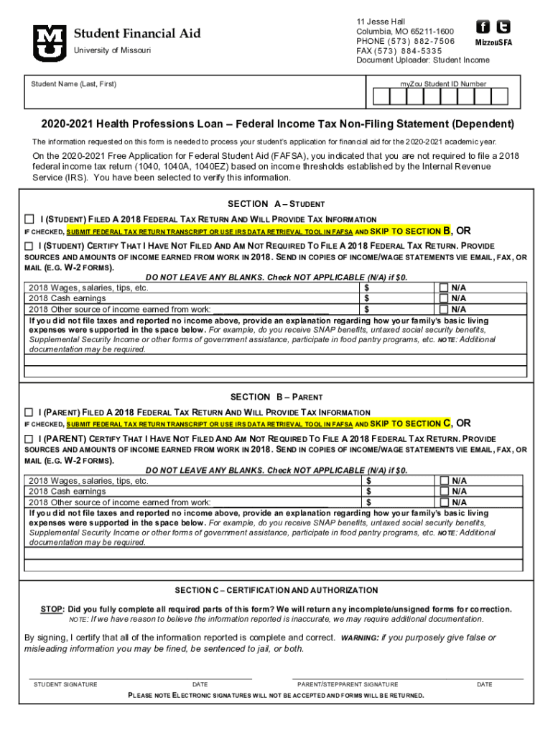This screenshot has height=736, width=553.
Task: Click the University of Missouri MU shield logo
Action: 49,42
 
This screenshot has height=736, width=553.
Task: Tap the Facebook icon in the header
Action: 483,27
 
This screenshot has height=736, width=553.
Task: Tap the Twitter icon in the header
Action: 503,27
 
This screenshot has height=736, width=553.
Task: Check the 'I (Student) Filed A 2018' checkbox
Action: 29,218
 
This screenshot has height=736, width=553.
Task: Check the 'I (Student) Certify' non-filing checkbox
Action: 29,246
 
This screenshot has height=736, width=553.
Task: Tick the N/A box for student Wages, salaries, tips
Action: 444,287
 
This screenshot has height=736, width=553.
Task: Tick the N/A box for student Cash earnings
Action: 444,298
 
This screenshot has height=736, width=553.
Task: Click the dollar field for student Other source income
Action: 399,308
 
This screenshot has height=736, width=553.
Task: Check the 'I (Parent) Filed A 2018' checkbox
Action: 29,412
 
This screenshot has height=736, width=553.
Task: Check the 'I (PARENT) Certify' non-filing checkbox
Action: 29,438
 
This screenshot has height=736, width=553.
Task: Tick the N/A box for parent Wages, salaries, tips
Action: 444,481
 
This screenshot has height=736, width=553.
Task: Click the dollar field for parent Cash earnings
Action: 399,491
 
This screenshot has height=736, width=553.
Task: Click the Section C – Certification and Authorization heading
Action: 276,590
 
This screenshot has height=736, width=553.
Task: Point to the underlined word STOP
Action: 52,609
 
